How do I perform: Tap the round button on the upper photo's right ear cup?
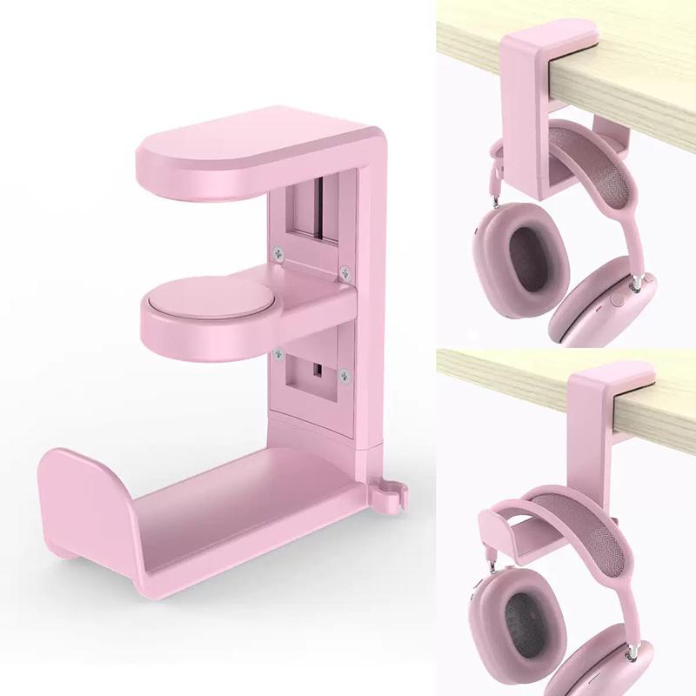[618, 299]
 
